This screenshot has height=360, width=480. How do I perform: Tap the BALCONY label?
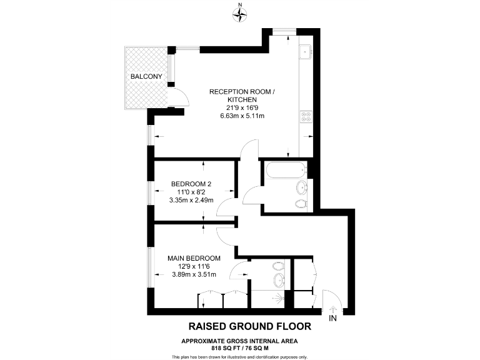(x=146, y=76)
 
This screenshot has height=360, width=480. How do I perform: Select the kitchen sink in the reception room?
(x=306, y=52)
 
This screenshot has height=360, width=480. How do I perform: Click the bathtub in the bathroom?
(x=285, y=169)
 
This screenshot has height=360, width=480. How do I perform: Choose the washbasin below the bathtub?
(x=302, y=187)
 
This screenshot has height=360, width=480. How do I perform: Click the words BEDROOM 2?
(x=191, y=184)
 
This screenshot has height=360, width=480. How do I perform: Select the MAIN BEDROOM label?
(x=194, y=258)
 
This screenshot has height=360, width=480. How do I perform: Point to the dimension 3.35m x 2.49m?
(x=191, y=201)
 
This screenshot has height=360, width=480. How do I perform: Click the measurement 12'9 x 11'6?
(x=194, y=266)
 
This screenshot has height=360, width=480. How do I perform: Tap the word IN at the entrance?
(x=332, y=319)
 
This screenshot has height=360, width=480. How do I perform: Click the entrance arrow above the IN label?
(x=332, y=307)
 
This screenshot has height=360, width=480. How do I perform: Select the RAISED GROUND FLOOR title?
(x=249, y=326)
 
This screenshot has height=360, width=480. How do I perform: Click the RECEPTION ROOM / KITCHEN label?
(x=241, y=96)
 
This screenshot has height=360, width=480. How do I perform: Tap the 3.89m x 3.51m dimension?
(x=194, y=274)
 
